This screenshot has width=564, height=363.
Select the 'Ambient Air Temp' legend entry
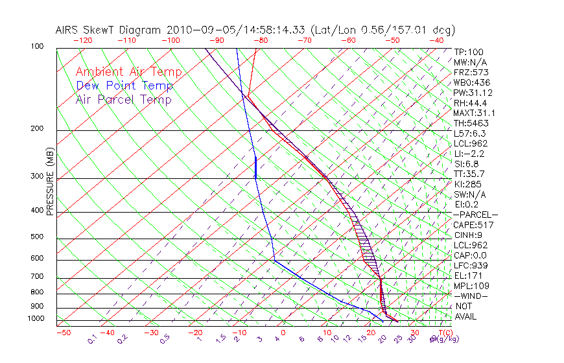128,72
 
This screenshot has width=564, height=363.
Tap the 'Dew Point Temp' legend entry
124,86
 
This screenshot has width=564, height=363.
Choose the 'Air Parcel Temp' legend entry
123,100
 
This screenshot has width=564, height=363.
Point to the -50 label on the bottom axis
63,333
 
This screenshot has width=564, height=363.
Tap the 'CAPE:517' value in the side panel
474,225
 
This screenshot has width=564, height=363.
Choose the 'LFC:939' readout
471,265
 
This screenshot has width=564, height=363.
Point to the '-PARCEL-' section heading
476,215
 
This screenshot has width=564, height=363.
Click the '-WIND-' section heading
471,296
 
